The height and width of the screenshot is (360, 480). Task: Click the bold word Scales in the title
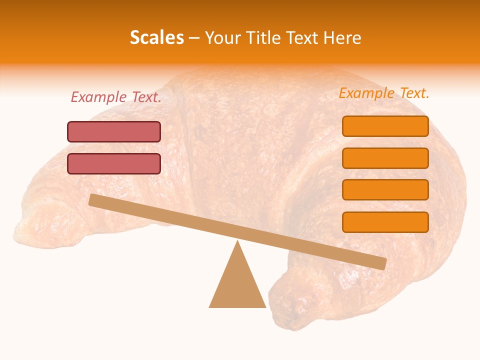[x=156, y=37]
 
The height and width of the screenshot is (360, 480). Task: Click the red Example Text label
[x=116, y=97]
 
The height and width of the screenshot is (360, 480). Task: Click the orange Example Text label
[x=384, y=93]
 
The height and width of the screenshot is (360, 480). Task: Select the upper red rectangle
[x=114, y=131]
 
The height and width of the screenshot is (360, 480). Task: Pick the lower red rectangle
[x=114, y=163]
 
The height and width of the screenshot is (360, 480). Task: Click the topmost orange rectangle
[x=385, y=126]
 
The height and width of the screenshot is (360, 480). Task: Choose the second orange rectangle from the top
[x=385, y=158]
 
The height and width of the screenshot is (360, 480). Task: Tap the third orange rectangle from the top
[x=385, y=189]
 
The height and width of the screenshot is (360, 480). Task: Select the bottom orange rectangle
[x=385, y=222]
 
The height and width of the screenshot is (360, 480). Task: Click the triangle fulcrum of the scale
[x=237, y=285]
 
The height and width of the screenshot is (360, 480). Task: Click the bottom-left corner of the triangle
[x=210, y=306]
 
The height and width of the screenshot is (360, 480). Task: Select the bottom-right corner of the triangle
[x=265, y=306]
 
